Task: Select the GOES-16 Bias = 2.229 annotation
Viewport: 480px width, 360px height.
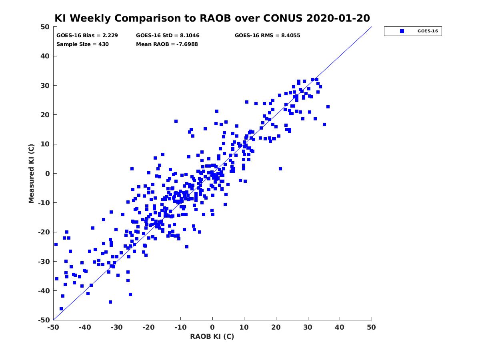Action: coord(87,36)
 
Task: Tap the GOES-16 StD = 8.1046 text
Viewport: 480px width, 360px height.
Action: coord(168,36)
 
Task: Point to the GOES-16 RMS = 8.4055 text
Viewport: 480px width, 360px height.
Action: coord(267,36)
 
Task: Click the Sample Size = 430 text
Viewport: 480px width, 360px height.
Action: coord(82,44)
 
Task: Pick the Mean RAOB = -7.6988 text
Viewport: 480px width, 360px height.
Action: coord(167,44)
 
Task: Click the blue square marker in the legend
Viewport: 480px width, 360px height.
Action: coord(402,31)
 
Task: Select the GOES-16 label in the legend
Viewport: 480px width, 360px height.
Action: coord(428,31)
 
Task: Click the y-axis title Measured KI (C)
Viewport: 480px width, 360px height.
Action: coord(31,173)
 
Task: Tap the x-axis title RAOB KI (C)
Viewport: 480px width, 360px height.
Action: coord(212,336)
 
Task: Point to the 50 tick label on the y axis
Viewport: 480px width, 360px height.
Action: coord(45,27)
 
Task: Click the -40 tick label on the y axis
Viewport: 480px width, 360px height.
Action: coord(44,291)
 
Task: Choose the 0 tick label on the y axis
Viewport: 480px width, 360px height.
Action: coord(48,174)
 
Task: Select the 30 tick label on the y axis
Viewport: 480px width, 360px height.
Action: coord(45,86)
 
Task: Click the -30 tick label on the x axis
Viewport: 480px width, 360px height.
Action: coord(117,327)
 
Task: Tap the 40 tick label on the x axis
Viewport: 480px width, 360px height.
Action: coord(339,327)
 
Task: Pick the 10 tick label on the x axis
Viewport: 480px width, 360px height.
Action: coord(244,327)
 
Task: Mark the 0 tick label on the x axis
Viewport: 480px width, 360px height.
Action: coord(212,327)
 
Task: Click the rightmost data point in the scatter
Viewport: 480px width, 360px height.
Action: coord(328,107)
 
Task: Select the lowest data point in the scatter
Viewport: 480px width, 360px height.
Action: coord(61,309)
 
